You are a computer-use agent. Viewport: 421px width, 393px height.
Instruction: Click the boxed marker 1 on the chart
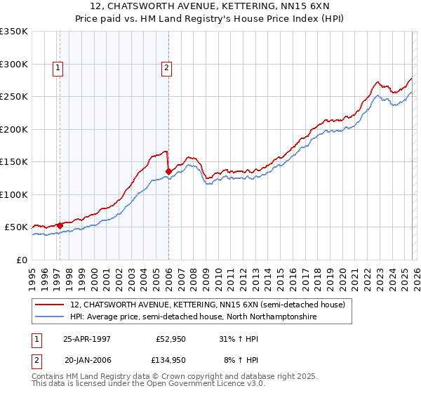click(57, 68)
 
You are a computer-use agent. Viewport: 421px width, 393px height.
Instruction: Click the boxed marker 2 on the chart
click(166, 68)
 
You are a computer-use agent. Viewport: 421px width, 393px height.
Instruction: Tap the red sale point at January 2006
click(168, 171)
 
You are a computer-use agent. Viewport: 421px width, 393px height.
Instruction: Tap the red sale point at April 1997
click(60, 225)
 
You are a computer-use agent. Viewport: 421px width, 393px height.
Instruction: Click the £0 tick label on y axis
click(20, 260)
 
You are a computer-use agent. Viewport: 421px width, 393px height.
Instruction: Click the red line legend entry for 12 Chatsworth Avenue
click(207, 305)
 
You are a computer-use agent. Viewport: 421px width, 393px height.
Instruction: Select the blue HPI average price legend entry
click(193, 317)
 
